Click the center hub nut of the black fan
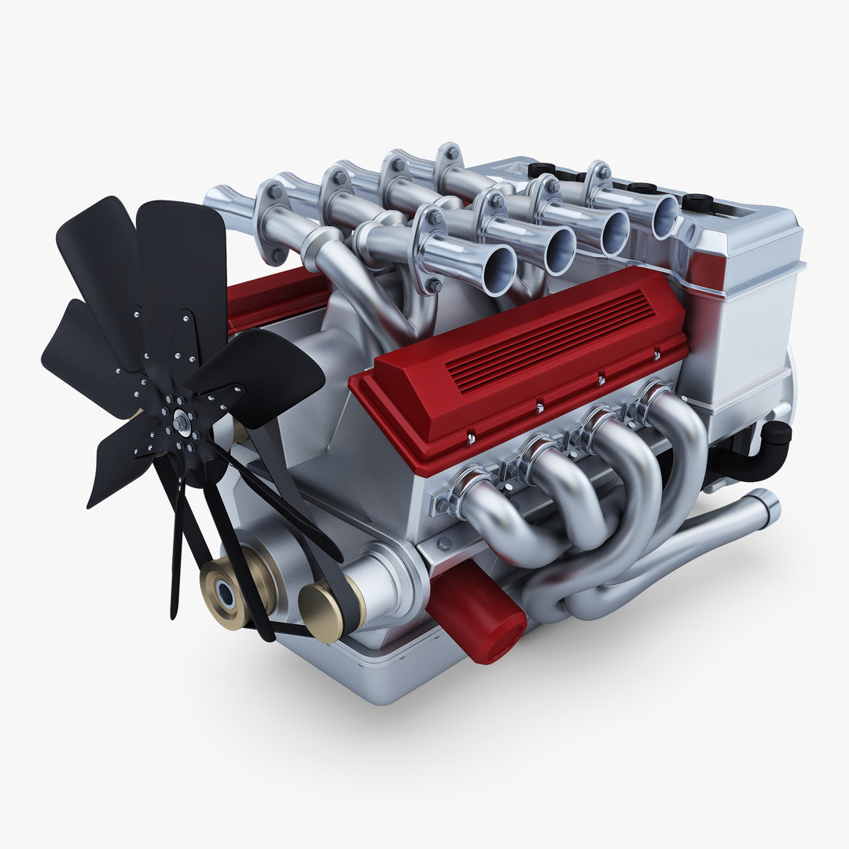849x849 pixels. click(x=182, y=423)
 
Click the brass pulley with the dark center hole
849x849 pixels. click(x=227, y=595)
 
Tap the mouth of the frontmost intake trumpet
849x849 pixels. click(x=498, y=270)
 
